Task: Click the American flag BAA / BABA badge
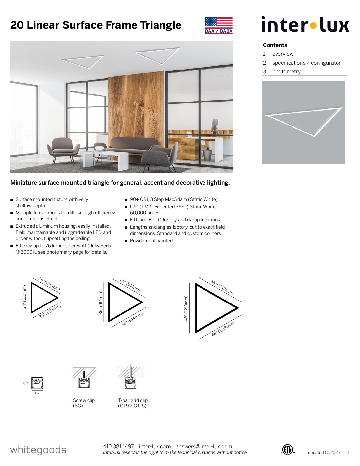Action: (x=219, y=25)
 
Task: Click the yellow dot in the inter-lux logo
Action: (x=313, y=25)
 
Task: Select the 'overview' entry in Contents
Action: (x=283, y=54)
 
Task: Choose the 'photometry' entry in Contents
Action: (x=286, y=71)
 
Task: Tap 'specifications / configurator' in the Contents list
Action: (x=306, y=63)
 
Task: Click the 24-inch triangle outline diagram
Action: (x=43, y=298)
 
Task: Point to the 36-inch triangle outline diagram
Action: (x=124, y=302)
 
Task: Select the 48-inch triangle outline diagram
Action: (x=215, y=308)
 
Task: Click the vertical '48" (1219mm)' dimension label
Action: (x=186, y=308)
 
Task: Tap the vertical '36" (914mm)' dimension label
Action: (x=101, y=302)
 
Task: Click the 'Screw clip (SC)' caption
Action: (x=84, y=403)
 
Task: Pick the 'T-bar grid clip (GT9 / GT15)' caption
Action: (x=133, y=403)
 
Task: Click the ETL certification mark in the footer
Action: (x=288, y=450)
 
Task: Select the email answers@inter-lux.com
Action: (x=204, y=446)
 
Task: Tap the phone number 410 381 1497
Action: (x=118, y=446)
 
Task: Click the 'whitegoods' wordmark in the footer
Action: (x=38, y=450)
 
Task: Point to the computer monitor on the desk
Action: (x=215, y=125)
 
